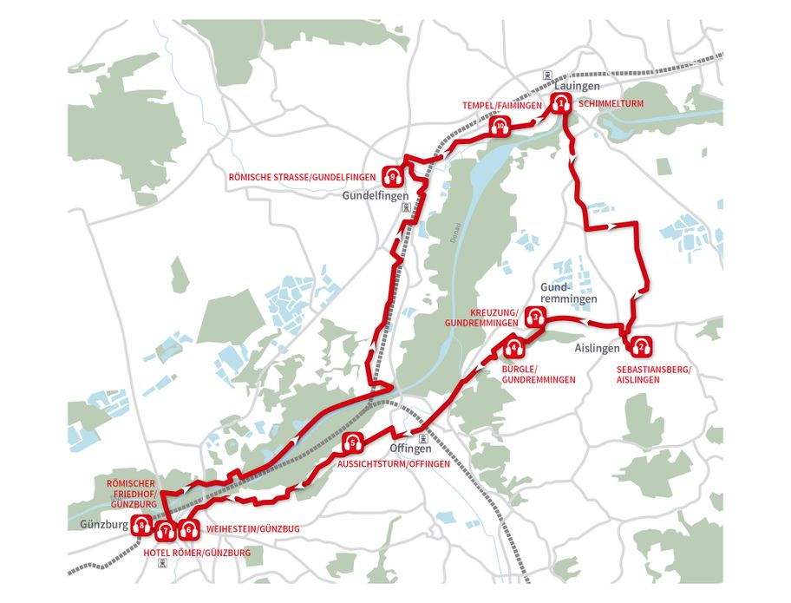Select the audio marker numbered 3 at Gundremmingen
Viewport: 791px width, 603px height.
pos(537,317)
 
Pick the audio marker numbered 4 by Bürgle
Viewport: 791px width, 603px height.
pos(514,350)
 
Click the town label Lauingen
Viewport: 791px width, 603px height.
pos(572,88)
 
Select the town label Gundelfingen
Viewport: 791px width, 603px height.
pos(374,196)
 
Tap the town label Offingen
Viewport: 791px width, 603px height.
pos(410,449)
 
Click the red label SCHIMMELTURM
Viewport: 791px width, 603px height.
pos(611,104)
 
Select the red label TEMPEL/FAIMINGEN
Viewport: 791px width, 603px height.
pos(502,105)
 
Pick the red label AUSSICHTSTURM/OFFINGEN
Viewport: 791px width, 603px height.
pos(393,464)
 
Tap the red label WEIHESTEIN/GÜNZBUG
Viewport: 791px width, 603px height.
pos(253,528)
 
